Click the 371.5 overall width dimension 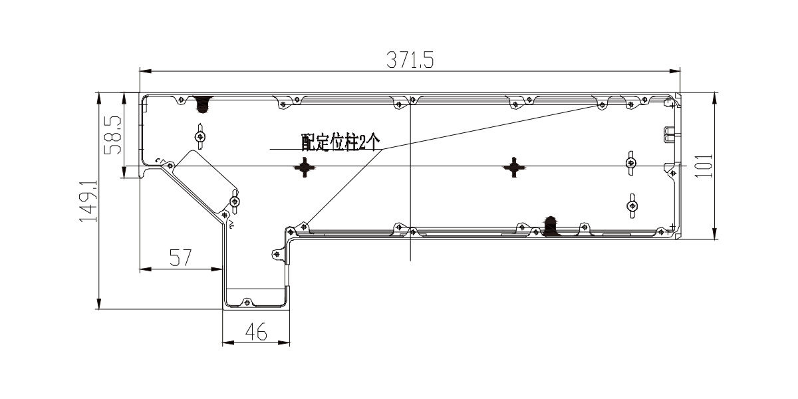pyautogui.click(x=410, y=60)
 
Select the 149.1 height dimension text pyautogui.click(x=88, y=201)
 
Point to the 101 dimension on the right pyautogui.click(x=704, y=166)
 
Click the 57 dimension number pyautogui.click(x=181, y=257)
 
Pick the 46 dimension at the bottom pyautogui.click(x=256, y=332)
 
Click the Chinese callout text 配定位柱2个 pyautogui.click(x=341, y=142)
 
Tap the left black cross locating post pyautogui.click(x=305, y=167)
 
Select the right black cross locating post pyautogui.click(x=513, y=167)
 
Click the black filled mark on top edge pyautogui.click(x=203, y=104)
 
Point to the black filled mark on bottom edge pyautogui.click(x=551, y=226)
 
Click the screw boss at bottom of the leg pyautogui.click(x=247, y=303)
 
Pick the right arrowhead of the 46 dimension pyautogui.click(x=284, y=342)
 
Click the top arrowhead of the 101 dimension pyautogui.click(x=715, y=98)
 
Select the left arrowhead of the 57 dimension pyautogui.click(x=146, y=269)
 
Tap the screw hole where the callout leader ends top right pyautogui.click(x=602, y=105)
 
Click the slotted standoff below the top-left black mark pyautogui.click(x=201, y=136)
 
